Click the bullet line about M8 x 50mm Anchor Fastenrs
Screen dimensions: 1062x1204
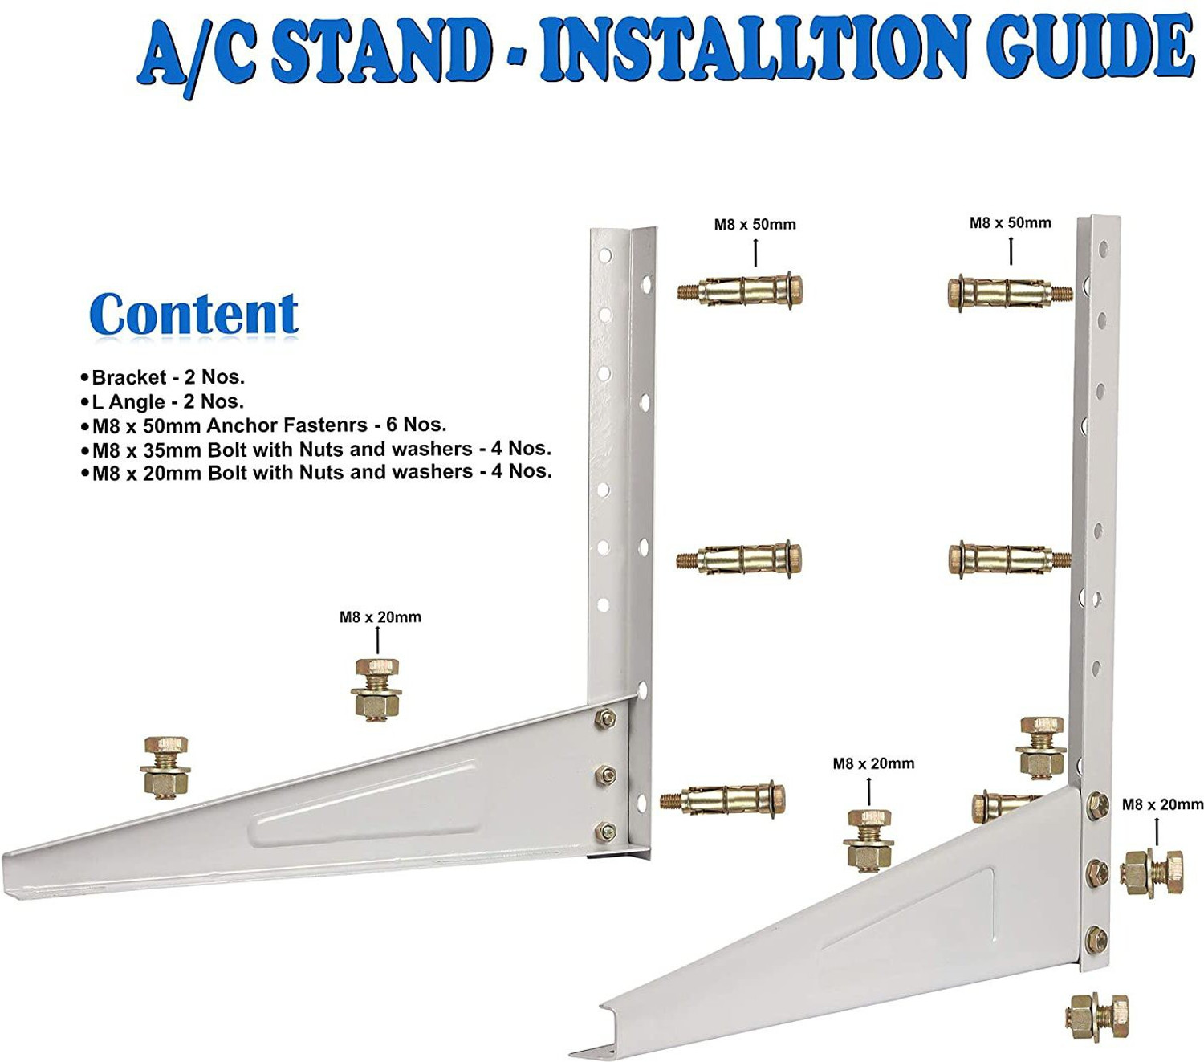point(268,425)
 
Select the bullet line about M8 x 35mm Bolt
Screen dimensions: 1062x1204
point(321,449)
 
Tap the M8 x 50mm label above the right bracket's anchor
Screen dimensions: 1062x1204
point(1010,223)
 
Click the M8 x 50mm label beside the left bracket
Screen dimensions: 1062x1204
point(755,225)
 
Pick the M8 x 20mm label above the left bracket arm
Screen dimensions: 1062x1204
point(380,617)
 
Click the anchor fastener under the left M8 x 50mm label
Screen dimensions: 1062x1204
point(740,291)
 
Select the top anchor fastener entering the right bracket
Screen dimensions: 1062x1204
point(1007,291)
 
